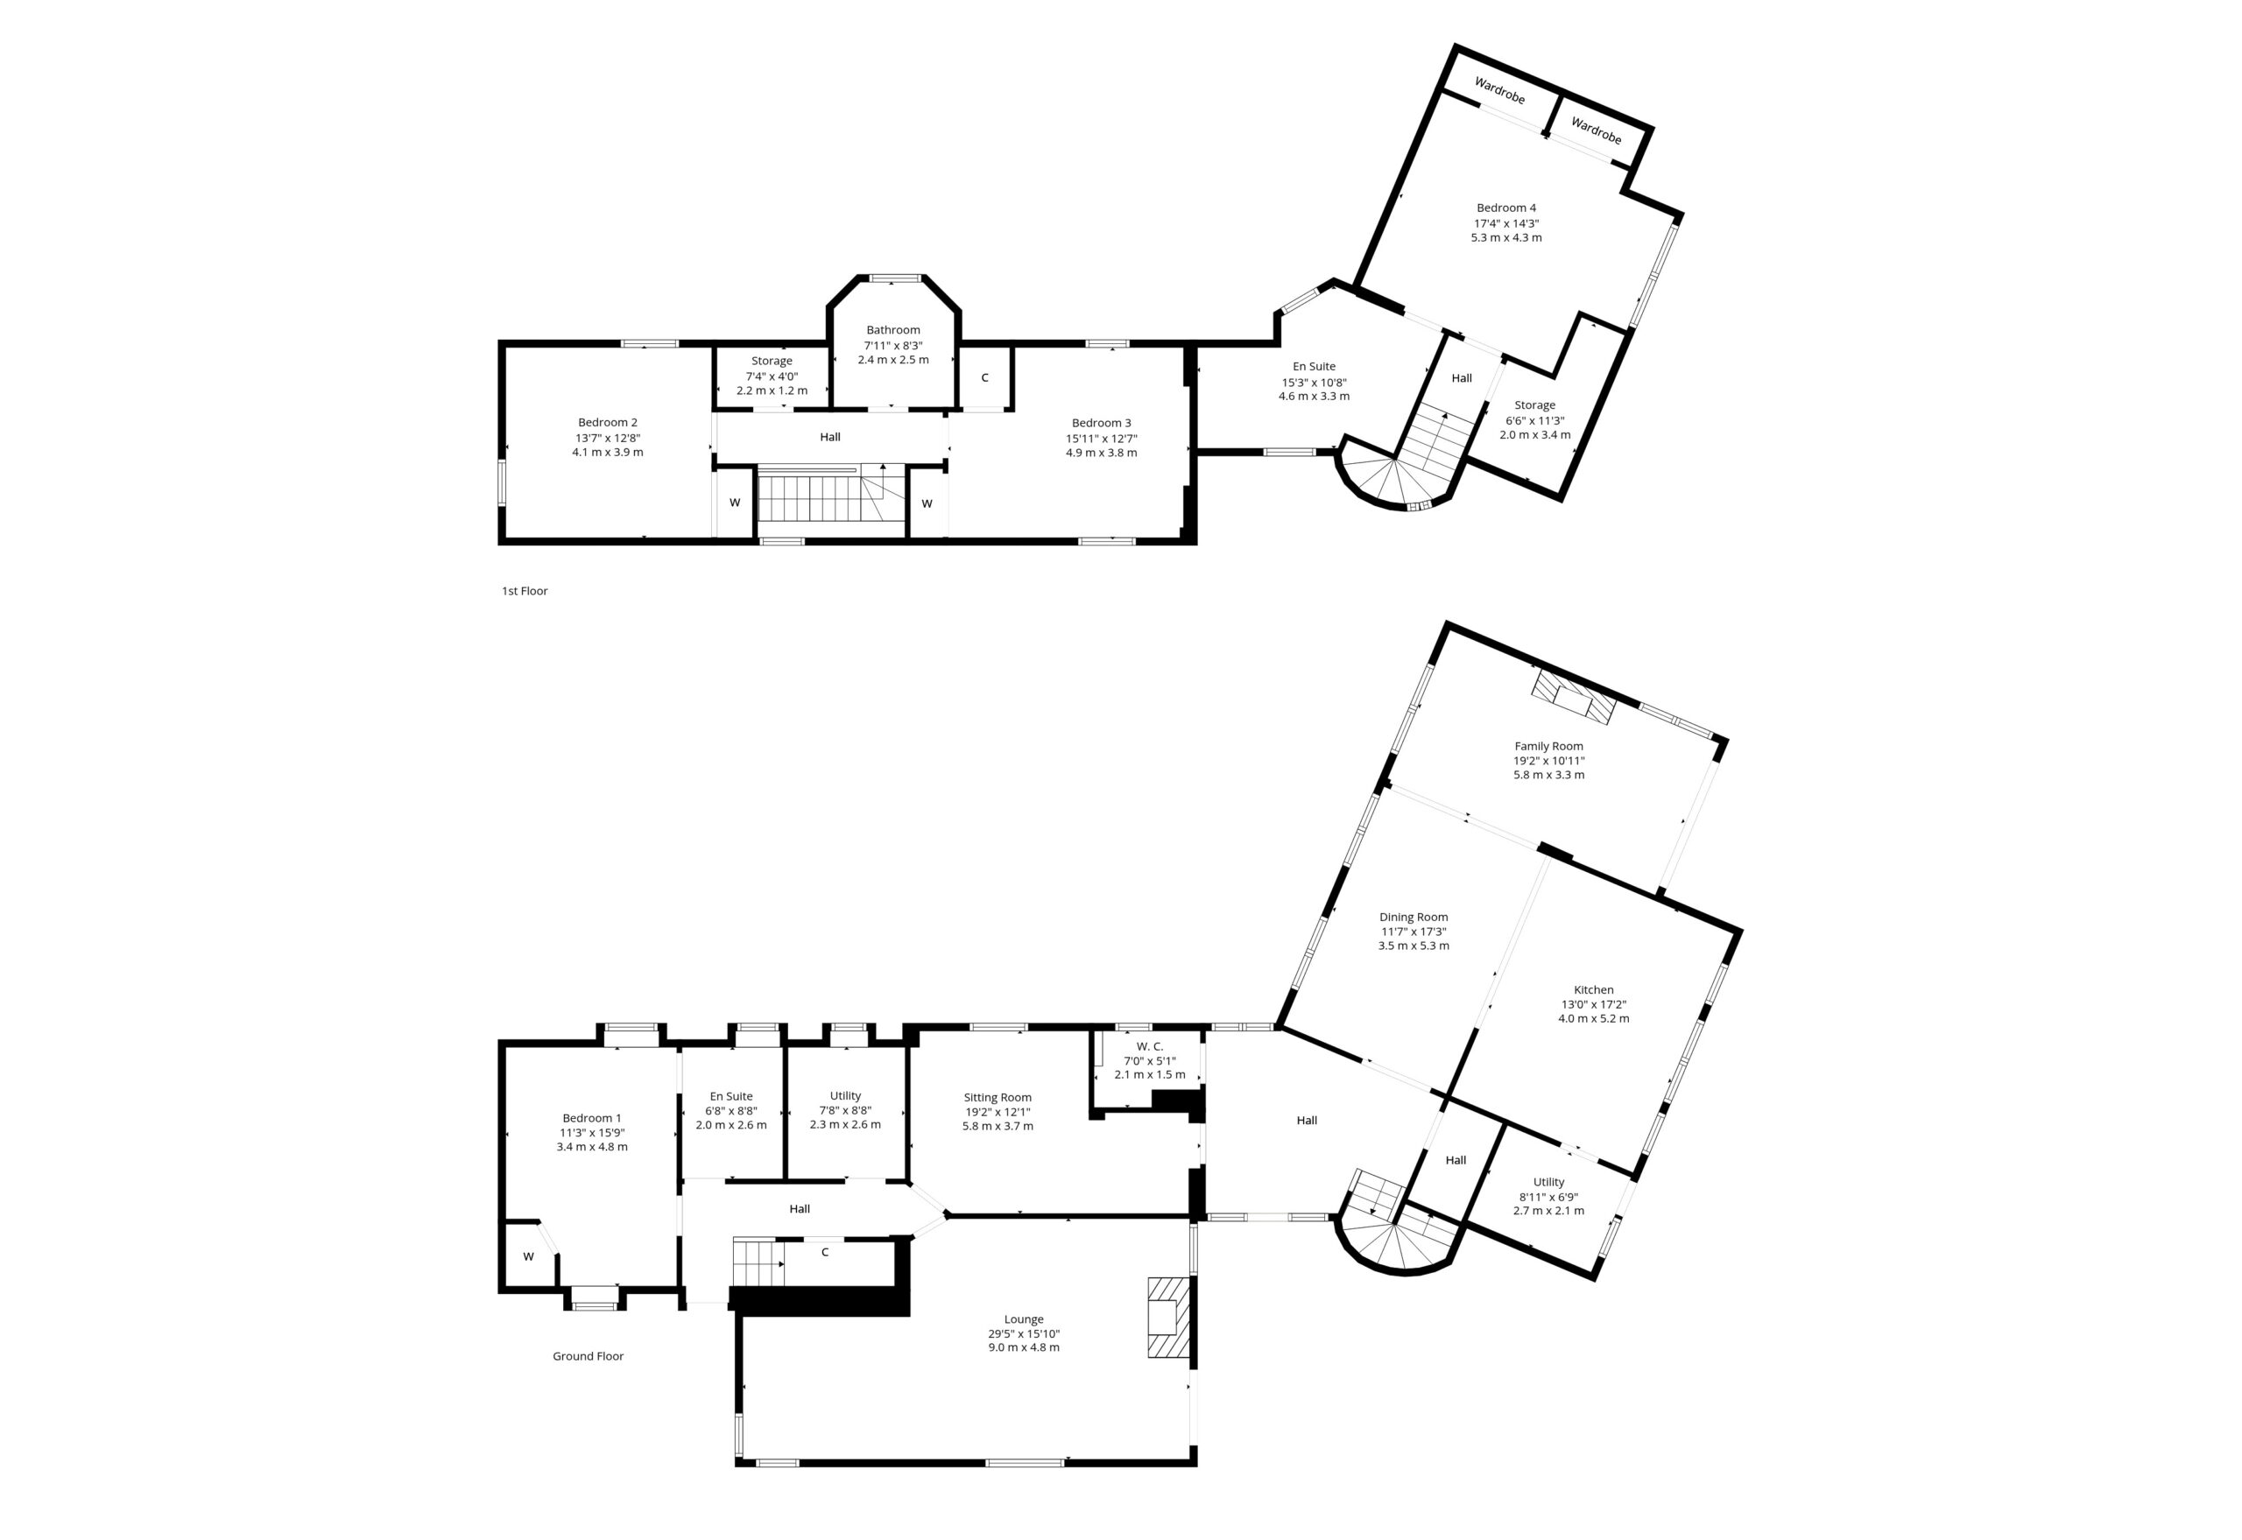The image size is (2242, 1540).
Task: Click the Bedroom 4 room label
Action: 1505,207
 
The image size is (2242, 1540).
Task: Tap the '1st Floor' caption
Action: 524,591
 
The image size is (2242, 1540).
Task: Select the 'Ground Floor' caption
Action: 588,1355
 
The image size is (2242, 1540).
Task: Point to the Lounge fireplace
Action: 1167,1317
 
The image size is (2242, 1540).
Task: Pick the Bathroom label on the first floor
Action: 892,330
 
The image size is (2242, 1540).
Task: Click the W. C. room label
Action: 1150,1046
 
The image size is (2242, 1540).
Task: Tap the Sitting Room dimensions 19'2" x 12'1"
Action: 997,1112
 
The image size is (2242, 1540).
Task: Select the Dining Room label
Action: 1413,917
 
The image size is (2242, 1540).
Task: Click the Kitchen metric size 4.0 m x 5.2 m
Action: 1593,1018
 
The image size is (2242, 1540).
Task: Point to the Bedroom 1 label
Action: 592,1117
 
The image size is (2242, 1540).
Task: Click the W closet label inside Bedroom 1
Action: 528,1256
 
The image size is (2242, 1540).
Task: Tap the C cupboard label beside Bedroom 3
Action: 984,377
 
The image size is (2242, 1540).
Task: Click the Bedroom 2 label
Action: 607,422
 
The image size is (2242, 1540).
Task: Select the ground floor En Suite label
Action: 730,1096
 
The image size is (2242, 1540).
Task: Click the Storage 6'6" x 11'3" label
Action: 1534,405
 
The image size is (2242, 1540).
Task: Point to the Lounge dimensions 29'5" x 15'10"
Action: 1023,1333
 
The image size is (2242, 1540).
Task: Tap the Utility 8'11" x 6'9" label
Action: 1548,1182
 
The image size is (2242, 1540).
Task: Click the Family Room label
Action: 1548,746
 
